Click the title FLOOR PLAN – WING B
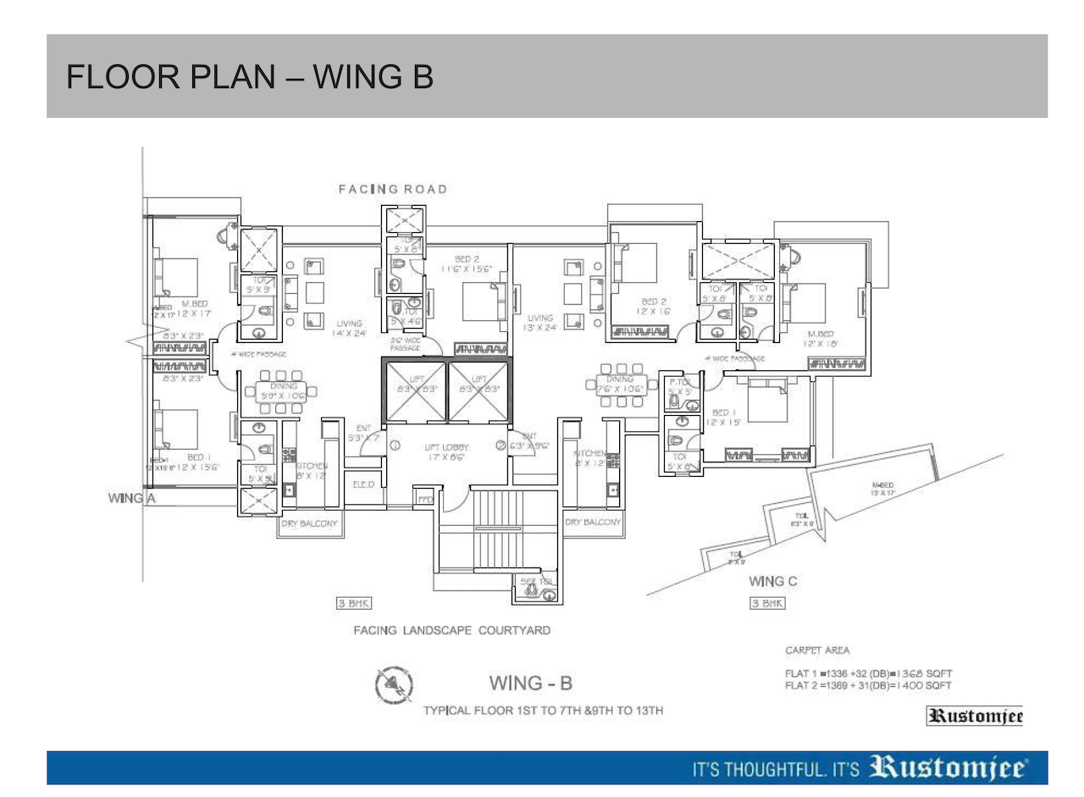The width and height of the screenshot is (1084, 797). [250, 77]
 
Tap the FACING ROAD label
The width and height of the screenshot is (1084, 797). [392, 189]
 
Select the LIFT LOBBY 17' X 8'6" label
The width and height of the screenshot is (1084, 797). [447, 451]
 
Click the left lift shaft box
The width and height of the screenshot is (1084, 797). [415, 390]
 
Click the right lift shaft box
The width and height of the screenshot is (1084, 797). [478, 390]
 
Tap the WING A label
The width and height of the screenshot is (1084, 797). [131, 498]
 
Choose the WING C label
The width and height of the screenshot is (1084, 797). [772, 582]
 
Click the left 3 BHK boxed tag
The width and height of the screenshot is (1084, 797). [354, 604]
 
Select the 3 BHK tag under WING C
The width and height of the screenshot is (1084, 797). [766, 604]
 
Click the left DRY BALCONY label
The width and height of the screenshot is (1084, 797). [310, 524]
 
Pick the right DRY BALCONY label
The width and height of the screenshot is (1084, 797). [594, 523]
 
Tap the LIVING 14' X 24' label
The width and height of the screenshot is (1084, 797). [349, 329]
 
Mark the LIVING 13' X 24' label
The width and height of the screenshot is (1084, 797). [539, 323]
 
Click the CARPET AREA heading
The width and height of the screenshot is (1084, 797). [817, 650]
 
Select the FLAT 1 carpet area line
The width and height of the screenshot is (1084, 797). [868, 673]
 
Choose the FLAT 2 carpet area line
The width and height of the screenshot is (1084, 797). [868, 685]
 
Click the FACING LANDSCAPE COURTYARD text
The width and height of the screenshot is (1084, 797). [453, 631]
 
